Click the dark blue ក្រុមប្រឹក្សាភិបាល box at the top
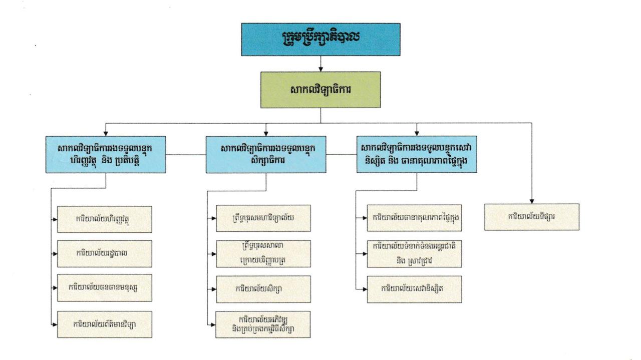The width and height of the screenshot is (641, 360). (320, 39)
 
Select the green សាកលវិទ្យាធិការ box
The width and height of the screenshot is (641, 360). (320, 90)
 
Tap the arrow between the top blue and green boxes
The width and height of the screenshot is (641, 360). (320, 64)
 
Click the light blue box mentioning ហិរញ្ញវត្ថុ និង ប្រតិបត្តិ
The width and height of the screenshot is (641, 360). (106, 154)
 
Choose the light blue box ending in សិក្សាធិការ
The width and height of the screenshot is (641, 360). (266, 154)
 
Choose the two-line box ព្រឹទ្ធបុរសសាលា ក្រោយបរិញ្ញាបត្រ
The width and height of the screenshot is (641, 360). (263, 253)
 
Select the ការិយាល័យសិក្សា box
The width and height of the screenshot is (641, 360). (263, 289)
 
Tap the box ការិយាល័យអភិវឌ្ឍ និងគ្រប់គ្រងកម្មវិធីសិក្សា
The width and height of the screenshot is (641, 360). (263, 324)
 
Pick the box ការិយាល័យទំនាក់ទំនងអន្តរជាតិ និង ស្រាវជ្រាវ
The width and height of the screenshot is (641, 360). (414, 253)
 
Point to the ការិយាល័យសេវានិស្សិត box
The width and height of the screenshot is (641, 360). (414, 289)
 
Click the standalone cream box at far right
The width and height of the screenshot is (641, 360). (532, 217)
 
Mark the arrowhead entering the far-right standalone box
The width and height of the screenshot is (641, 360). (532, 200)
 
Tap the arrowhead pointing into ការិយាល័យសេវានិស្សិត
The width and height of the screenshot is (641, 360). (364, 289)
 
